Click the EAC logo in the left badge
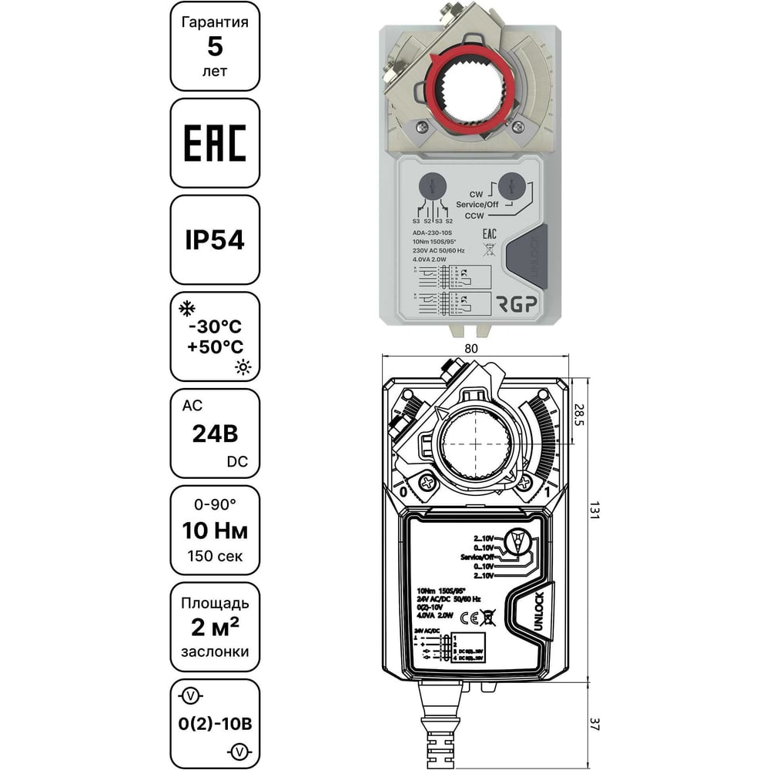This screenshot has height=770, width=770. (214, 142)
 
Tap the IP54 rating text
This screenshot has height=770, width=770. (214, 239)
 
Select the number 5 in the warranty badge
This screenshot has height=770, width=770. (215, 46)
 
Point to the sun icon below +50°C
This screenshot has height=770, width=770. (243, 367)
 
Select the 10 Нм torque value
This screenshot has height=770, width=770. (215, 530)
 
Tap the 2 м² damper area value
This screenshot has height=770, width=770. (215, 627)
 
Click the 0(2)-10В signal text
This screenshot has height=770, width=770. (215, 723)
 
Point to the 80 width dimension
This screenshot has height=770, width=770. (471, 348)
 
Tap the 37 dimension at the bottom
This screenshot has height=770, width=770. (593, 725)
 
